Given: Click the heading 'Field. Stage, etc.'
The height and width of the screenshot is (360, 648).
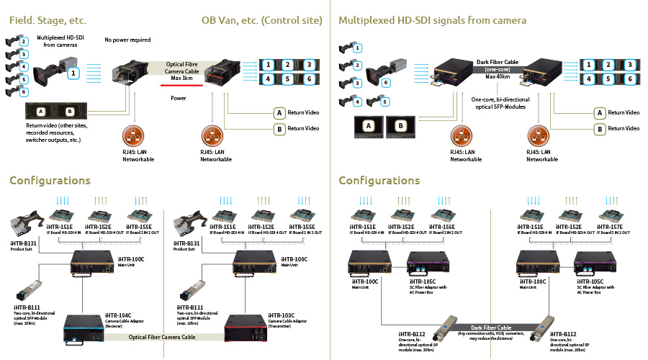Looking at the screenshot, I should pyautogui.click(x=48, y=20).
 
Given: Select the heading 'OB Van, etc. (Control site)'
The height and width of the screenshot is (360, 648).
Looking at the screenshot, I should pyautogui.click(x=261, y=20).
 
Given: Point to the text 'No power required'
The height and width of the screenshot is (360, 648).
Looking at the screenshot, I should pyautogui.click(x=127, y=40).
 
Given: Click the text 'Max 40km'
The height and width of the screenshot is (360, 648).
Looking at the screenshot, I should pyautogui.click(x=494, y=77).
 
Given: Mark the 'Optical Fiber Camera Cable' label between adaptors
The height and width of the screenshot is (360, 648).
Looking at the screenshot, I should pyautogui.click(x=162, y=337).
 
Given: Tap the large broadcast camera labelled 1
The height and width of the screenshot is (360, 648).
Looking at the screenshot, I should pyautogui.click(x=57, y=73).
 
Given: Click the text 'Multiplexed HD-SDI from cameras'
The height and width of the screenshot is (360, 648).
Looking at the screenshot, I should pyautogui.click(x=60, y=40).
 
